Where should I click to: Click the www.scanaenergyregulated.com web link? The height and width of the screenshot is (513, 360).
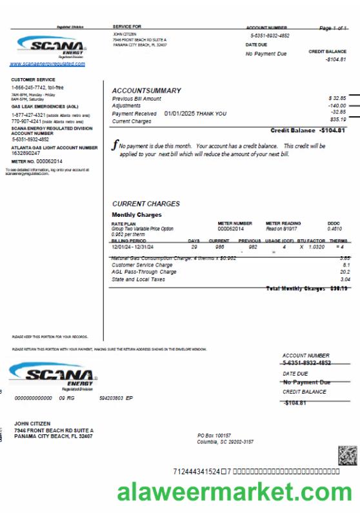tap(47, 64)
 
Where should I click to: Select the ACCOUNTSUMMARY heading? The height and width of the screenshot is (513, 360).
tap(146, 90)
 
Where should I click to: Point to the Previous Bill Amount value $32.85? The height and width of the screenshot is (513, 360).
tap(337, 98)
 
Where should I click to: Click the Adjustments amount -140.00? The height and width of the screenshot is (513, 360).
tap(336, 105)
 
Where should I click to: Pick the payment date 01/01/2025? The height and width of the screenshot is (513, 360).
tap(179, 114)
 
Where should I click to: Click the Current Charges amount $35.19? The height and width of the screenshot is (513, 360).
tap(337, 119)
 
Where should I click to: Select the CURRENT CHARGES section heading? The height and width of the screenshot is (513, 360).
tap(146, 204)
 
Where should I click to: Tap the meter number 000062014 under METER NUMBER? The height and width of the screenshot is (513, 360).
tap(231, 228)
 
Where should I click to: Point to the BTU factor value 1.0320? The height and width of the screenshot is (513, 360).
tap(316, 246)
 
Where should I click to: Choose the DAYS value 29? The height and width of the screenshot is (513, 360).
tap(194, 246)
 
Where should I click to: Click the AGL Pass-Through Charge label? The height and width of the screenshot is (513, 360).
tap(144, 272)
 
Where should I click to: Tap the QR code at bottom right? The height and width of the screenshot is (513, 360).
tap(347, 455)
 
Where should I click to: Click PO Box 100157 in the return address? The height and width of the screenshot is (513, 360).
tap(214, 436)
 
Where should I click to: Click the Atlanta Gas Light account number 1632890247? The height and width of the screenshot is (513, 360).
tap(26, 153)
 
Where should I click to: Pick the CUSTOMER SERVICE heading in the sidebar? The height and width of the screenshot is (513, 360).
tap(33, 79)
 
